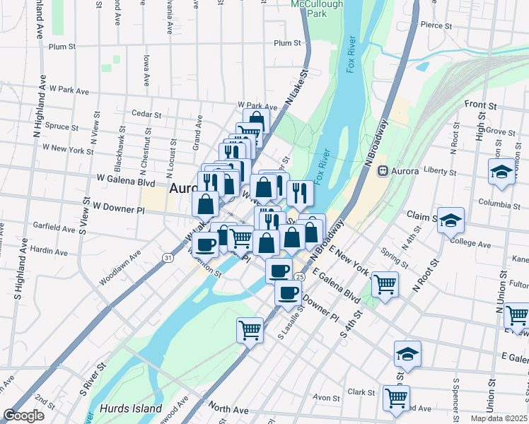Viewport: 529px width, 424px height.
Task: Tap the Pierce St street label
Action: pos(436,25)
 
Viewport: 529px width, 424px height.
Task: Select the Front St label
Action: pos(480,105)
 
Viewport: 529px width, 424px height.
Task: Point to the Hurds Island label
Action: pos(131,408)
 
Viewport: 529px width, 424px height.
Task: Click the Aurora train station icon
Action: pos(383,170)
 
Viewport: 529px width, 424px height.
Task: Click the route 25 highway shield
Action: pos(300,276)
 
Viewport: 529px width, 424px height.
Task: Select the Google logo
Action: pos(24,415)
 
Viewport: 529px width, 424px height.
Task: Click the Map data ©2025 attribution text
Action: pos(499,418)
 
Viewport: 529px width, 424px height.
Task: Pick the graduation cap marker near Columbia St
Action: pos(501,172)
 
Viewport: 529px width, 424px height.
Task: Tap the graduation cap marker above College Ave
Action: pos(450,220)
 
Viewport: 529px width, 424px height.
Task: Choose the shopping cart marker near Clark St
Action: pos(396,397)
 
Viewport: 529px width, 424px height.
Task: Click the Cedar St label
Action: pos(147,114)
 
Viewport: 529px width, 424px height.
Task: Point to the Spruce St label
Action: pos(62,127)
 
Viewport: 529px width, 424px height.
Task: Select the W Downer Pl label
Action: pos(120,209)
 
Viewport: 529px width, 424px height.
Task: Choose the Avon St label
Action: pos(327,396)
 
